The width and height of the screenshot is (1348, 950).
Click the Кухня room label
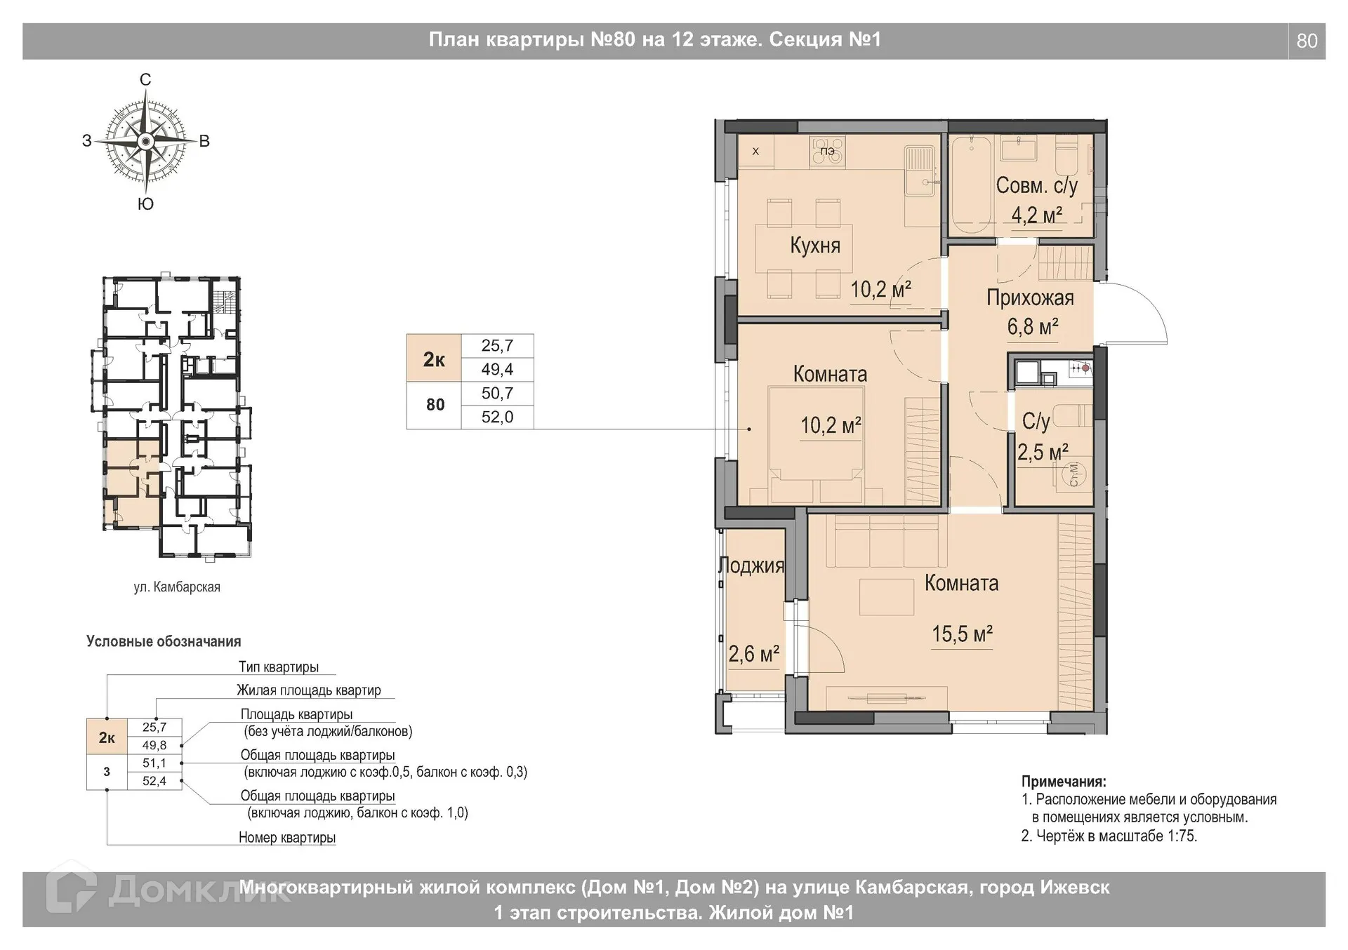[x=814, y=245]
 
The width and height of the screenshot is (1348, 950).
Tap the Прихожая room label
[x=1030, y=297]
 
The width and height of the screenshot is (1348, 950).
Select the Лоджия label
[x=751, y=566]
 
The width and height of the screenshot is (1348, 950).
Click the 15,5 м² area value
[x=962, y=634]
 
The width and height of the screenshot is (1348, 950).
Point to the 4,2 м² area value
[x=1036, y=214]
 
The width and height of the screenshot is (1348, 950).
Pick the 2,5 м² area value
[x=1043, y=452]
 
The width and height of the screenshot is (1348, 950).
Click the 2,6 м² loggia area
[x=753, y=653]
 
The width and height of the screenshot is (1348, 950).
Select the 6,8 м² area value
[x=1033, y=326]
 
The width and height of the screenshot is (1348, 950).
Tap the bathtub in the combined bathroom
[x=971, y=185]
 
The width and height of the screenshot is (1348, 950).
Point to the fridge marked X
[x=755, y=151]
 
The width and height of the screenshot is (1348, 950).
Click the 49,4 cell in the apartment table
[x=497, y=369]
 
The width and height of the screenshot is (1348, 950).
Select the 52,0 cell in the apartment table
[x=497, y=417]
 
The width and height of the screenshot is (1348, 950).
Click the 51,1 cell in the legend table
[x=154, y=763]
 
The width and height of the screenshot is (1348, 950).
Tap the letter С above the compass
[x=145, y=80]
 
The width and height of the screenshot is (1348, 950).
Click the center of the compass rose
[x=145, y=142]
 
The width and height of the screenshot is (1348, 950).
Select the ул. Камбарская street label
[x=177, y=587]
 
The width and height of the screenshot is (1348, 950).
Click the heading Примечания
[x=1064, y=782]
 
